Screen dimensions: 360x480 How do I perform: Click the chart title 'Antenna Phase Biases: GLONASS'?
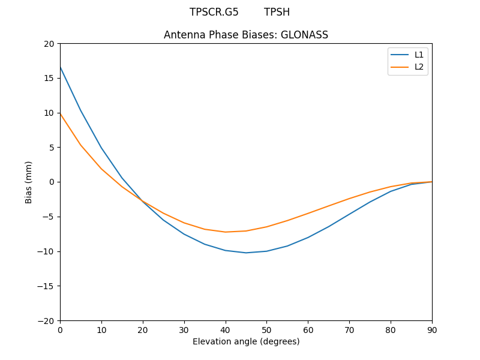pos(246,35)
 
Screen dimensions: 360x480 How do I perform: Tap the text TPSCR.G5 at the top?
pos(214,12)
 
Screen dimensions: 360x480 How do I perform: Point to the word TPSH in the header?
pos(277,12)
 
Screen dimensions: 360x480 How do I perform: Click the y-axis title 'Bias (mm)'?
pos(29,182)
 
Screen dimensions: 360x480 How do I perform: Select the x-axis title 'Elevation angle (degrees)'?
pos(246,341)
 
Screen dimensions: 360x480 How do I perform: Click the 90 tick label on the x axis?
pos(432,329)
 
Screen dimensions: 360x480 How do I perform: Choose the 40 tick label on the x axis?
pos(226,329)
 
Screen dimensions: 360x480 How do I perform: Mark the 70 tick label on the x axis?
pos(349,329)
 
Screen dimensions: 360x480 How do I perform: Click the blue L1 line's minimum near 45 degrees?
pos(246,253)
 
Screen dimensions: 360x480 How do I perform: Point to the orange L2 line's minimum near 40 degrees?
pos(226,232)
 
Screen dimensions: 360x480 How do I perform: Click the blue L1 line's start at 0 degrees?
pos(61,67)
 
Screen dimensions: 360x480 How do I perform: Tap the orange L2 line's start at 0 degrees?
pos(61,114)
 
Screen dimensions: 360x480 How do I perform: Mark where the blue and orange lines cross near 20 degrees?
pos(142,201)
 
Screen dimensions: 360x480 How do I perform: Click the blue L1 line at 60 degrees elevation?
pos(308,238)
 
